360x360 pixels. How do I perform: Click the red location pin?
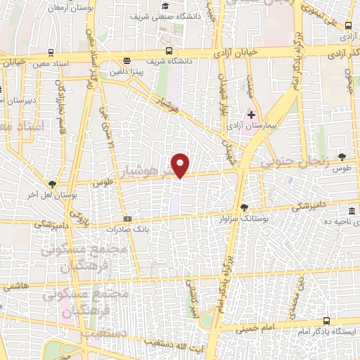point(181,165)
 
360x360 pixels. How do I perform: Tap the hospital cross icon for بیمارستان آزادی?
point(251,115)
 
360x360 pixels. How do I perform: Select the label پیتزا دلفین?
point(127,72)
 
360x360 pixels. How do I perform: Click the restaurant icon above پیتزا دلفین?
point(127,60)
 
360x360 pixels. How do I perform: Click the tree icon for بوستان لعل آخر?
point(51,184)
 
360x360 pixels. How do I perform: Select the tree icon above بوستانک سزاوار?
point(244,207)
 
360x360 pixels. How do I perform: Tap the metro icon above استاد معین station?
point(50,53)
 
